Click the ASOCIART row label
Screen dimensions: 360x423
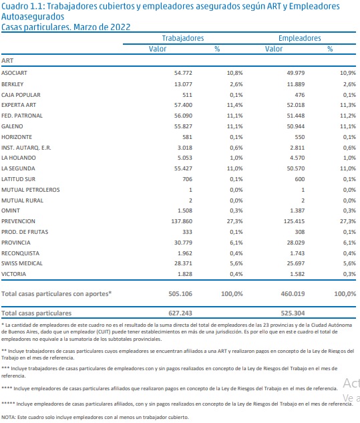[14, 73]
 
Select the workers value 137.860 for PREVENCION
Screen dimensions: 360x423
[182, 221]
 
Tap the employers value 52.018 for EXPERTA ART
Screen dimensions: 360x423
[296, 105]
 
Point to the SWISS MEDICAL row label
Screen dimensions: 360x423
[22, 263]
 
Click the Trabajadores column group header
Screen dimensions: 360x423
[183, 38]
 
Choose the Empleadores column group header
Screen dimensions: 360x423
[300, 38]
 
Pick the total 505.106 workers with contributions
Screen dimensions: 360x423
[180, 294]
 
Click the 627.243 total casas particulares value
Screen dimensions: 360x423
[180, 313]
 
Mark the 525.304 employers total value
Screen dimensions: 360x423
[293, 313]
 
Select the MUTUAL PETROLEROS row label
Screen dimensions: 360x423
[31, 190]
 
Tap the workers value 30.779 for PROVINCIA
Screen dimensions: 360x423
[183, 243]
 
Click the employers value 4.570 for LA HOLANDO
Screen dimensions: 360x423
[297, 158]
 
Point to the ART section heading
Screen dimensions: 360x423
[7, 61]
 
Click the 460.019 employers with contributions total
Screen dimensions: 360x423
[293, 294]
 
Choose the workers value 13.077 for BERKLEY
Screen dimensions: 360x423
[183, 84]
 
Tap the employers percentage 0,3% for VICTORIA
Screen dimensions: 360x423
[349, 274]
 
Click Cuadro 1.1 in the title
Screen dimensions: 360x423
[23, 6]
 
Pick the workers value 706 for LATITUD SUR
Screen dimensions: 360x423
[188, 179]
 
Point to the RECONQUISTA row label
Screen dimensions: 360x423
[20, 253]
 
